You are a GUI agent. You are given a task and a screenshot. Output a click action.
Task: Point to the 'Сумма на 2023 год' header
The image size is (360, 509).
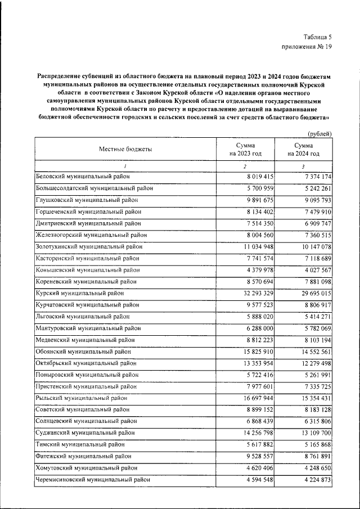point(245,149)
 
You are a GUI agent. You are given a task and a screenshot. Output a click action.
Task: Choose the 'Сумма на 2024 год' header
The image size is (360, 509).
point(303,149)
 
